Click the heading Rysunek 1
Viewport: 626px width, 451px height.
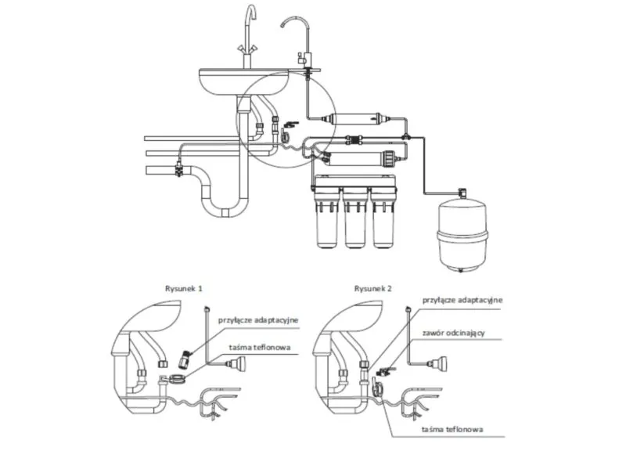pos(184,288)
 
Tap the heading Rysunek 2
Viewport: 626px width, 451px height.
pos(373,288)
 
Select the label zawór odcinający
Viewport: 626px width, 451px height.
pos(454,333)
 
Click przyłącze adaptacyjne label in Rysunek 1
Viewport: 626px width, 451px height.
pos(258,320)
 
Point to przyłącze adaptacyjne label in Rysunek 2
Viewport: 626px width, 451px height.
pos(462,300)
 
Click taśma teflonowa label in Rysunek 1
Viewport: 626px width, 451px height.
pos(260,348)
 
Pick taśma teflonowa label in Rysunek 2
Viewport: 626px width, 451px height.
pos(452,429)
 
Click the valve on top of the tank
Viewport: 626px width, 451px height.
pos(462,192)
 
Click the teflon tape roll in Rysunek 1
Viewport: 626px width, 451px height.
pos(177,378)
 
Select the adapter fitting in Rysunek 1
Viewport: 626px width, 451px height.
pos(185,359)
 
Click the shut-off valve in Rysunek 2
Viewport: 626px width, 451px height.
pos(383,372)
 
